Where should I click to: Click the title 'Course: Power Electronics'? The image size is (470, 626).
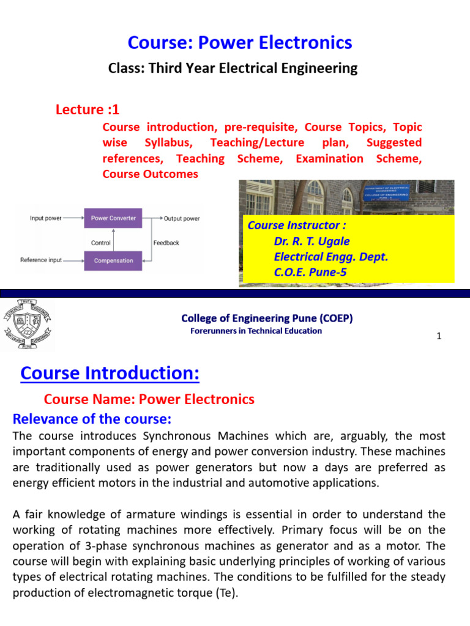pyautogui.click(x=239, y=42)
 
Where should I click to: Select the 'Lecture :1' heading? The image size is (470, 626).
pyautogui.click(x=88, y=109)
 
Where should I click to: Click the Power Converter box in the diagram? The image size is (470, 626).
pyautogui.click(x=113, y=218)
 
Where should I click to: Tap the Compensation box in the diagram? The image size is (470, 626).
pyautogui.click(x=113, y=260)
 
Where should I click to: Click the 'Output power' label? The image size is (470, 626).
pyautogui.click(x=182, y=218)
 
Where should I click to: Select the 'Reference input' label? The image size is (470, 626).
pyautogui.click(x=41, y=260)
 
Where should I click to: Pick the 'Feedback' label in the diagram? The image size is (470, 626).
pyautogui.click(x=166, y=243)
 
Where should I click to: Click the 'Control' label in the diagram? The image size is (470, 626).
pyautogui.click(x=101, y=243)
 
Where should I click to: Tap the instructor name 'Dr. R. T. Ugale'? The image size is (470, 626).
pyautogui.click(x=311, y=241)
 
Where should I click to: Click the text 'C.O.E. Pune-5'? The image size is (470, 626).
pyautogui.click(x=310, y=273)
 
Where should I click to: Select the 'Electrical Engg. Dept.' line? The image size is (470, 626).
pyautogui.click(x=330, y=257)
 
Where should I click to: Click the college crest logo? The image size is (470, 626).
pyautogui.click(x=28, y=325)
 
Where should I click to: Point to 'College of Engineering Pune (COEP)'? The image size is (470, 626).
pyautogui.click(x=267, y=318)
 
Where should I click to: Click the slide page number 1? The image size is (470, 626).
pyautogui.click(x=439, y=336)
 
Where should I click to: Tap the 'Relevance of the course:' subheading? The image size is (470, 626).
pyautogui.click(x=92, y=419)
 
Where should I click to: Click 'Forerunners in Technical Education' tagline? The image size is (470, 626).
pyautogui.click(x=256, y=331)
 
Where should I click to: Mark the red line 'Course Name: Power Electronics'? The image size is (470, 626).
pyautogui.click(x=149, y=399)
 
